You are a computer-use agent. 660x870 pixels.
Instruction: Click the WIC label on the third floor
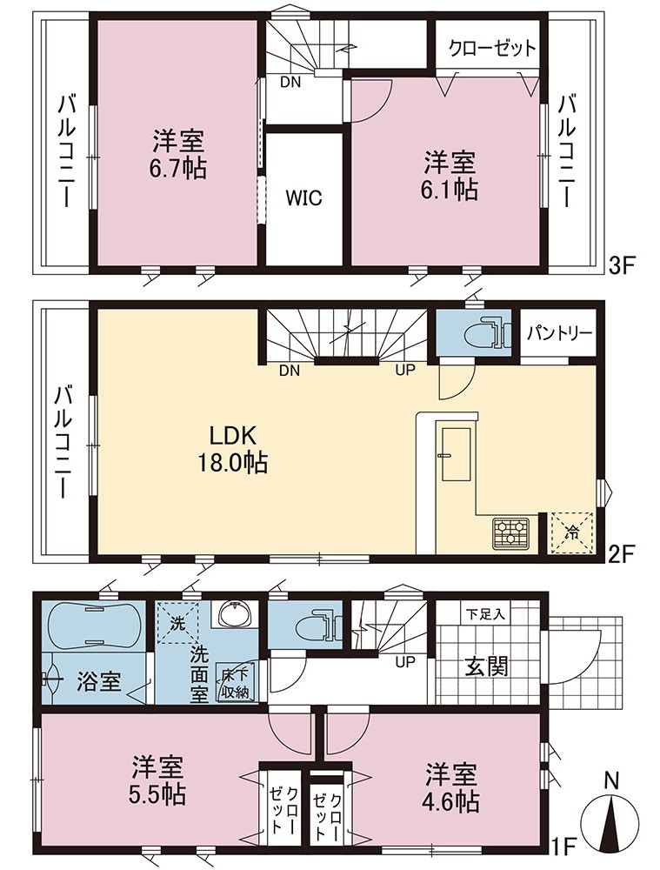pyautogui.click(x=304, y=198)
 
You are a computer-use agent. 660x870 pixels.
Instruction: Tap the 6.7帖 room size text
pyautogui.click(x=179, y=168)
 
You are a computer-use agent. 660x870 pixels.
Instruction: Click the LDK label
pyautogui.click(x=232, y=436)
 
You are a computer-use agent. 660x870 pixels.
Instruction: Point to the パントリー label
pyautogui.click(x=559, y=333)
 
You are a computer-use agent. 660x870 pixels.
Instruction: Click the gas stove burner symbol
pyautogui.click(x=510, y=533)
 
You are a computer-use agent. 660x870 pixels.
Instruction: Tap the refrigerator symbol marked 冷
pyautogui.click(x=571, y=532)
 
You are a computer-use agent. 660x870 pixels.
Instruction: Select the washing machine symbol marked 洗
pyautogui.click(x=177, y=623)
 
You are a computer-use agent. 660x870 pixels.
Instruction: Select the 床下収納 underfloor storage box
pyautogui.click(x=235, y=683)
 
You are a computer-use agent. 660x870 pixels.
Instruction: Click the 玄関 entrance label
pyautogui.click(x=486, y=666)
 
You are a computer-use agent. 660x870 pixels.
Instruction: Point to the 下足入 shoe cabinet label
pyautogui.click(x=484, y=614)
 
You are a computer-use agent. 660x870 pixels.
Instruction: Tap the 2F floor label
pyautogui.click(x=619, y=552)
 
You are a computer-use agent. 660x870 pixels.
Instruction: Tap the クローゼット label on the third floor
pyautogui.click(x=491, y=48)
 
